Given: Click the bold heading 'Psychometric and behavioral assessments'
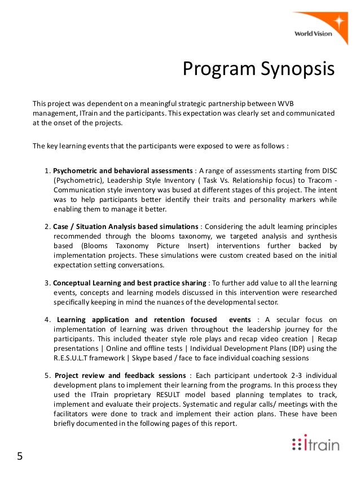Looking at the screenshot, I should (x=122, y=170).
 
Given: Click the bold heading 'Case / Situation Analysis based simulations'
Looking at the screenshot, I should (x=126, y=226).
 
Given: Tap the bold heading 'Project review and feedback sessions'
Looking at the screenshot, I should (x=121, y=375).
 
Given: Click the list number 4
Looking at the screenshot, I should (x=47, y=320).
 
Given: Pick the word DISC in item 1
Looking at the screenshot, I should (x=328, y=170).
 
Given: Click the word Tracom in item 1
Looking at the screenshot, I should (x=319, y=180).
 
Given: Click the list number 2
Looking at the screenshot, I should (x=47, y=226).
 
